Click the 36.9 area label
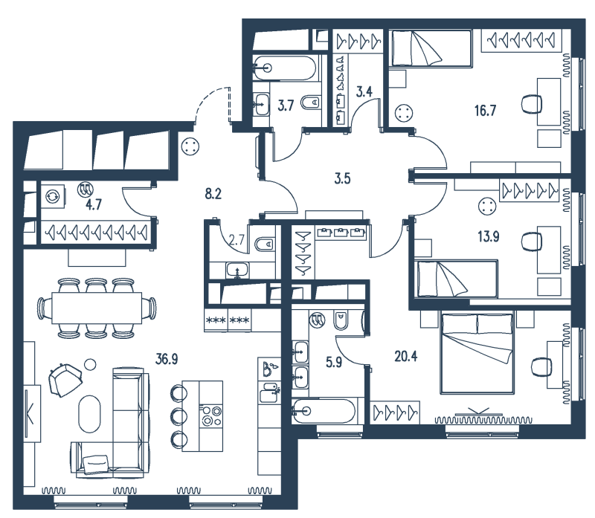click(x=167, y=359)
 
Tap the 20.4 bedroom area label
click(x=405, y=357)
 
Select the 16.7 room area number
click(x=485, y=111)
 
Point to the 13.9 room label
click(x=489, y=236)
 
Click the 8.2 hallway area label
click(x=213, y=194)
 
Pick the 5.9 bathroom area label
click(x=334, y=363)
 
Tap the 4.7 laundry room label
click(x=94, y=205)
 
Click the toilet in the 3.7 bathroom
click(x=310, y=102)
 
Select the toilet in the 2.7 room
click(x=265, y=244)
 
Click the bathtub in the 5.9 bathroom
click(x=324, y=411)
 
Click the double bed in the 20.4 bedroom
click(x=477, y=352)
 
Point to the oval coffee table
click(x=90, y=414)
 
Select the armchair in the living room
click(x=65, y=380)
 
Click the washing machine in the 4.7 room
click(x=52, y=196)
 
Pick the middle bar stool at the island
click(x=178, y=416)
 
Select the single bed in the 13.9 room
click(x=456, y=279)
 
